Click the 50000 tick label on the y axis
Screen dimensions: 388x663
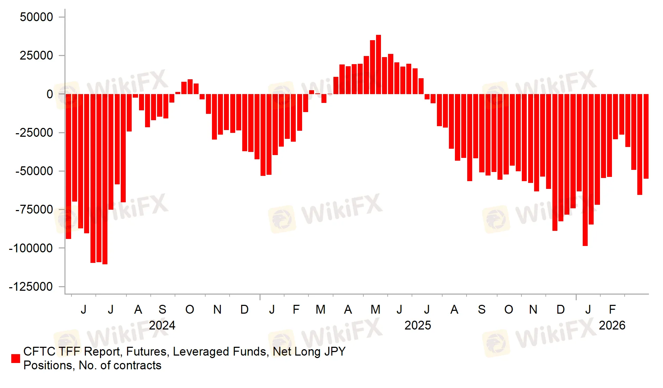36,17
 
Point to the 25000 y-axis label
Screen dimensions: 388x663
36,55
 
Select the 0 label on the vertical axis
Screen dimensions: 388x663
50,94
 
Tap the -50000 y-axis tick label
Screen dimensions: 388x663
34,171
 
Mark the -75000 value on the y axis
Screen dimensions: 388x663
34,210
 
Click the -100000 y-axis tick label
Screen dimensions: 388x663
31,248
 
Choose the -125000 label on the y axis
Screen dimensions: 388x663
31,287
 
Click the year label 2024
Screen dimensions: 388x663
162,325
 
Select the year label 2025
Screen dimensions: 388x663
418,325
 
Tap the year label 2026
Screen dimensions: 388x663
612,325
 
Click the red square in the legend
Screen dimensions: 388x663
15,358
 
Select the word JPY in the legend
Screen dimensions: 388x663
334,352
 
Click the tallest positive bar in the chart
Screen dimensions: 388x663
379,64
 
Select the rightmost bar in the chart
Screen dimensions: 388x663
646,136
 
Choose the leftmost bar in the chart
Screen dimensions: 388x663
68,166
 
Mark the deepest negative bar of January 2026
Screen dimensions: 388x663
585,170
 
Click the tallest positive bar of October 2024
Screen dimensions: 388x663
190,87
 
